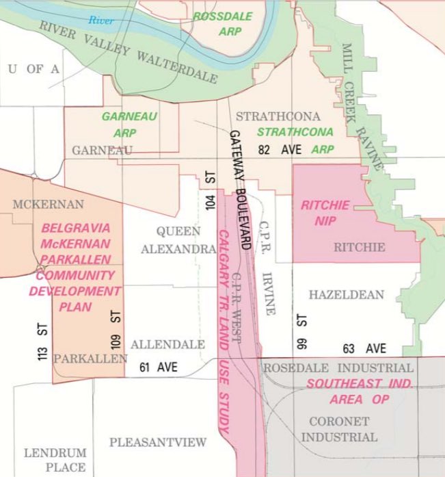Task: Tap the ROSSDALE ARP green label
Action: pyautogui.click(x=222, y=23)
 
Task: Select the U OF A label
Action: pyautogui.click(x=33, y=68)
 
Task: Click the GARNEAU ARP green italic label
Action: pyautogui.click(x=129, y=124)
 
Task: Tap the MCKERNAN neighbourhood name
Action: pyautogui.click(x=48, y=204)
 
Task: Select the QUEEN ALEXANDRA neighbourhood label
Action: pyautogui.click(x=178, y=240)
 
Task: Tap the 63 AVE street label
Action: pyautogui.click(x=366, y=348)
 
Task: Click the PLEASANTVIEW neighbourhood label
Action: pyautogui.click(x=157, y=442)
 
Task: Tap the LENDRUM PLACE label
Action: pyautogui.click(x=55, y=460)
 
